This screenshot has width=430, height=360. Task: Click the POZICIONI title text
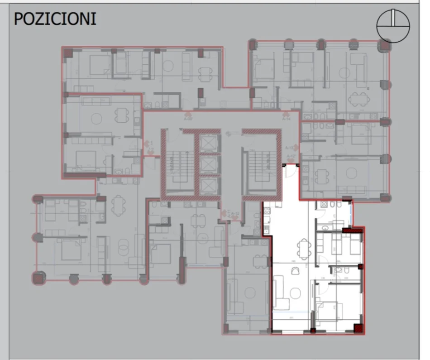click(x=55, y=19)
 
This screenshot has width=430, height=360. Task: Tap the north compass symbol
click(x=393, y=26)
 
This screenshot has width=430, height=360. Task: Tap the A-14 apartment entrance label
click(x=286, y=119)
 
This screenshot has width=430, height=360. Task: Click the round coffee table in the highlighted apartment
click(x=296, y=271)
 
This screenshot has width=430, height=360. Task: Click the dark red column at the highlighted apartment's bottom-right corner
click(x=358, y=329)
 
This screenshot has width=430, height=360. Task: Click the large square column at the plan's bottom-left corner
click(x=37, y=278)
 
